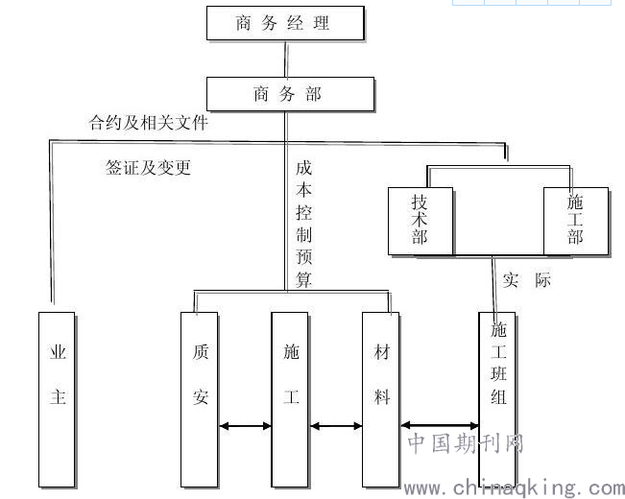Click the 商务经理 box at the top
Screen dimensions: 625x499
tap(285, 23)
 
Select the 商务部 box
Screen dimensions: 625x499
tap(290, 94)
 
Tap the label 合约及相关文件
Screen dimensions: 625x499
tap(148, 123)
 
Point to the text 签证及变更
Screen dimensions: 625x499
tap(148, 167)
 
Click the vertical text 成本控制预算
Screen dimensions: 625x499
tap(303, 224)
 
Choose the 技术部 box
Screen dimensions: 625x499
tap(421, 222)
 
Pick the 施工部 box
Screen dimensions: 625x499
tap(576, 222)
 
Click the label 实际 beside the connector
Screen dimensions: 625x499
tap(526, 280)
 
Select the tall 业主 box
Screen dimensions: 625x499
tap(57, 399)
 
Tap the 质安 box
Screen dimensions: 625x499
tap(200, 399)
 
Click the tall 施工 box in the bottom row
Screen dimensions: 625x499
tap(290, 399)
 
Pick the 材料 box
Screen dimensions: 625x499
tap(380, 399)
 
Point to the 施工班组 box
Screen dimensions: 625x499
tap(497, 399)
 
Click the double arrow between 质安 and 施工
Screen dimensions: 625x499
tap(245, 426)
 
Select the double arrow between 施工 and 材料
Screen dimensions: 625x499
tap(336, 426)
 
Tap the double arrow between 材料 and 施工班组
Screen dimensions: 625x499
tap(440, 425)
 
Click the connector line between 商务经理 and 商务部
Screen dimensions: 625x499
tap(286, 59)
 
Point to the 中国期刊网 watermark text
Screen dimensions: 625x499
tap(466, 443)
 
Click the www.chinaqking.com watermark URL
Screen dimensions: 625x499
tap(515, 488)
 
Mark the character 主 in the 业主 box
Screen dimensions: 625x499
tap(58, 397)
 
